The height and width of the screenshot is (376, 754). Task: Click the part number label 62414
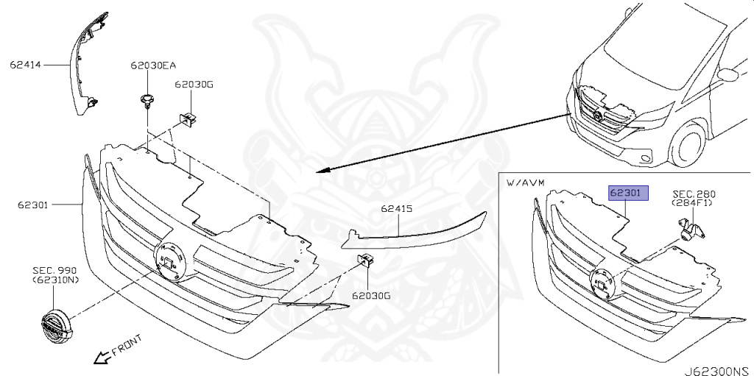(27, 65)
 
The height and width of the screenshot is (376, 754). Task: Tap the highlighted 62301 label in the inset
(627, 194)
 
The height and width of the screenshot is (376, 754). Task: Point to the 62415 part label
(396, 209)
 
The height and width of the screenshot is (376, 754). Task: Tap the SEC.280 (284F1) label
(693, 199)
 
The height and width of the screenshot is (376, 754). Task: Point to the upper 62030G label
(194, 85)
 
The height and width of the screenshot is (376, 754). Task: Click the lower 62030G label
(370, 296)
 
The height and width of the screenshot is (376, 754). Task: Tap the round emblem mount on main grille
(170, 260)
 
